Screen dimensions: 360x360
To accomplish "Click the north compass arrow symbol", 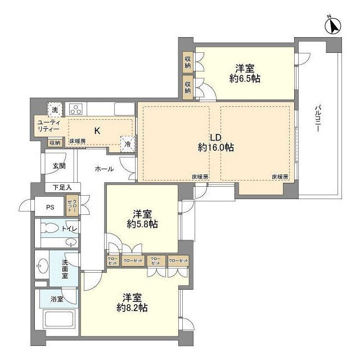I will coord(333,26).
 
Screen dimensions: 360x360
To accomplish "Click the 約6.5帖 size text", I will coord(244,79).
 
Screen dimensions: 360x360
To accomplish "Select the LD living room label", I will coord(215,137).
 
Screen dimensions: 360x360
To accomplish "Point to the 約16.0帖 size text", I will coord(215,147).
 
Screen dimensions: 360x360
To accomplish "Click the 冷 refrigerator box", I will coord(128,144).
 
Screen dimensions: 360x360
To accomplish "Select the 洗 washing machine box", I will coord(55,109).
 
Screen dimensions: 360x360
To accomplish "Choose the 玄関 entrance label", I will coord(59,166).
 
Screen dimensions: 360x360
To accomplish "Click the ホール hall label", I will coord(104,169).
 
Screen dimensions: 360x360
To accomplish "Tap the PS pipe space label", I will coord(50,206).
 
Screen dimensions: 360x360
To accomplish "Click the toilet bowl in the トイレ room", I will coord(49,229).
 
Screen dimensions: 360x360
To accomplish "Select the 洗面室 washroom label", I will coord(65,269).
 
